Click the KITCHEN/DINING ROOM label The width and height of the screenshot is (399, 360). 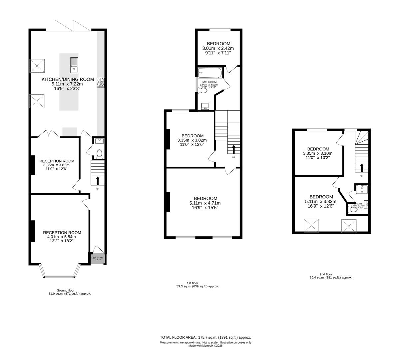pyautogui.click(x=68, y=79)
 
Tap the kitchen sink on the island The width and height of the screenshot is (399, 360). pyautogui.click(x=74, y=65)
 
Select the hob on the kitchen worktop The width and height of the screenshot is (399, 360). pyautogui.click(x=101, y=82)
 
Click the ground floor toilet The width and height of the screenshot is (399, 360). pyautogui.click(x=99, y=154)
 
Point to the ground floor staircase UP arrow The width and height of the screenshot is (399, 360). pyautogui.click(x=98, y=180)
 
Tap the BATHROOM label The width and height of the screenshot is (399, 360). pyautogui.click(x=209, y=82)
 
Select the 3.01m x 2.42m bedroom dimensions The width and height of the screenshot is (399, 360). pyautogui.click(x=218, y=48)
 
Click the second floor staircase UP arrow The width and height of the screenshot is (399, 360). pyautogui.click(x=362, y=167)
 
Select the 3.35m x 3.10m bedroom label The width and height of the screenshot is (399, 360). pyautogui.click(x=318, y=153)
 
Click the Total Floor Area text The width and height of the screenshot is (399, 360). pyautogui.click(x=205, y=337)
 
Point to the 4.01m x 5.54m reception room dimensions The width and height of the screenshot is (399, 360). pyautogui.click(x=62, y=237)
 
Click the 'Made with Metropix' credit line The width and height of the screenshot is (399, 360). pyautogui.click(x=205, y=346)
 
